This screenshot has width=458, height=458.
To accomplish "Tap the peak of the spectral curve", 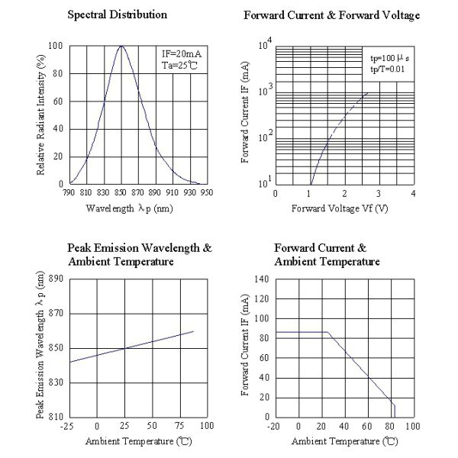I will click(x=121, y=47).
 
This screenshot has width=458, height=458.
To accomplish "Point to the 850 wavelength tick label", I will click(x=121, y=193).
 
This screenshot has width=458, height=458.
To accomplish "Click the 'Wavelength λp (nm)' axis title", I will click(x=129, y=208).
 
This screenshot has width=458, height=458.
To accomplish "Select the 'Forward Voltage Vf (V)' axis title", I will click(x=343, y=208).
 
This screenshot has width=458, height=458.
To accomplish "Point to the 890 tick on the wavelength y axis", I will click(x=56, y=279).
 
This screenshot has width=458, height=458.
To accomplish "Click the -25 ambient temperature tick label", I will click(x=69, y=426).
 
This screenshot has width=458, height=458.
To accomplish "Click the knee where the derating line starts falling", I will click(x=327, y=332).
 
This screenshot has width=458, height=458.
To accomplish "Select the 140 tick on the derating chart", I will click(x=262, y=279).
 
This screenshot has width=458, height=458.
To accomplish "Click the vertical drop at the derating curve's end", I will click(x=394, y=410).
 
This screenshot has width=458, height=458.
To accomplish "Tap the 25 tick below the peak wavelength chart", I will click(x=124, y=426).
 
